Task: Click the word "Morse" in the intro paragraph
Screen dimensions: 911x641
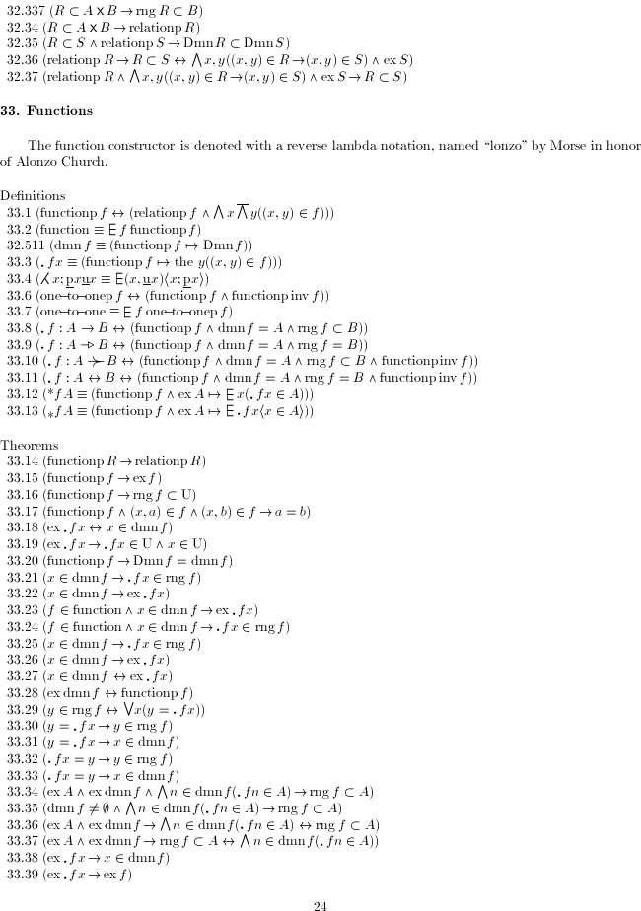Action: pos(512,145)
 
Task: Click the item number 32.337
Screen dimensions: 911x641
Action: pos(24,11)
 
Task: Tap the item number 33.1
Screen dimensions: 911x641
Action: pos(20,212)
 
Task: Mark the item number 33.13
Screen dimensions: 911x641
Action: pos(23,411)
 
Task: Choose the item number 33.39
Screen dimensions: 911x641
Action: pos(23,874)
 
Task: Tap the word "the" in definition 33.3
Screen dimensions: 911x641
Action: pos(177,261)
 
